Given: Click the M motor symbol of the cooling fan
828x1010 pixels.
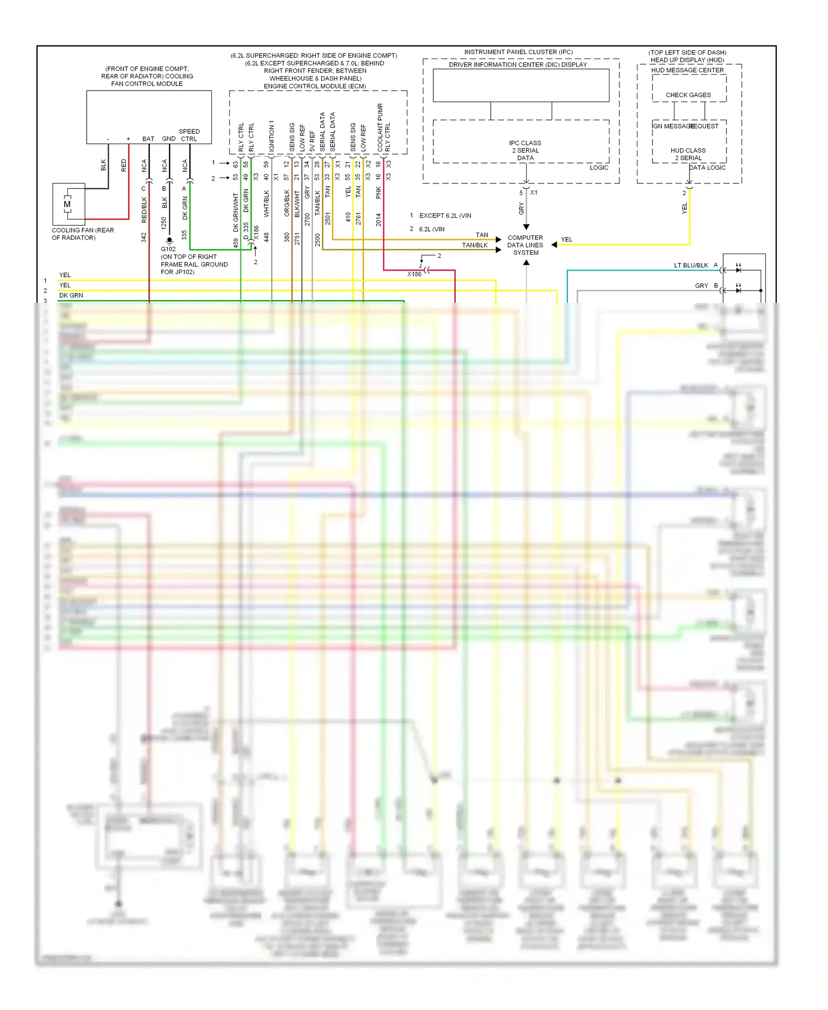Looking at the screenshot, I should tap(67, 204).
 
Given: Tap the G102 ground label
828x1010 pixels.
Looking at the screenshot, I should tap(168, 249).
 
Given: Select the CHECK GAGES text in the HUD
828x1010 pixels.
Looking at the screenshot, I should tap(688, 95).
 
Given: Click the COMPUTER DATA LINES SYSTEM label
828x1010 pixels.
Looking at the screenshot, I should tap(525, 245).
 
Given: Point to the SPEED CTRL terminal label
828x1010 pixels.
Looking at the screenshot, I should tap(189, 135).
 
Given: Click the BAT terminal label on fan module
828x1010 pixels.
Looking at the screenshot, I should tap(148, 139).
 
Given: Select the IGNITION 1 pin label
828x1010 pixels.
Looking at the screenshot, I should tap(272, 136).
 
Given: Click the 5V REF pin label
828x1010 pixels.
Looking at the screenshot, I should tap(312, 141).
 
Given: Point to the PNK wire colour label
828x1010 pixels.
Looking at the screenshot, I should tap(379, 192).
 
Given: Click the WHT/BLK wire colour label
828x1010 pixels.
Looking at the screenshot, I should tap(267, 204).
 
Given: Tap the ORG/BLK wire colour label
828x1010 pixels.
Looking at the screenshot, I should tap(287, 203).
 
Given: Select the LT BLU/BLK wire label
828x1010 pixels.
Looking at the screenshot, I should tap(691, 265).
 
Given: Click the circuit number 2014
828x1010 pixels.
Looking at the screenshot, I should tap(379, 219).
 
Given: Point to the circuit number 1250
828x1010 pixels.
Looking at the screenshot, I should tap(164, 223).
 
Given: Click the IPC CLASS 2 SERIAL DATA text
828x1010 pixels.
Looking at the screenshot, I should tap(525, 150).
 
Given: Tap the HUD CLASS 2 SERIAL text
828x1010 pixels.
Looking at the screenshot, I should tap(688, 154).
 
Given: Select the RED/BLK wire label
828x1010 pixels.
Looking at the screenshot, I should tap(144, 209).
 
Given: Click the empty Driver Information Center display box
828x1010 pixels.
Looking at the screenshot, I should tap(521, 85).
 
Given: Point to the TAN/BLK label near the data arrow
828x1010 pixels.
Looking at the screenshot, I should tap(475, 245).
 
